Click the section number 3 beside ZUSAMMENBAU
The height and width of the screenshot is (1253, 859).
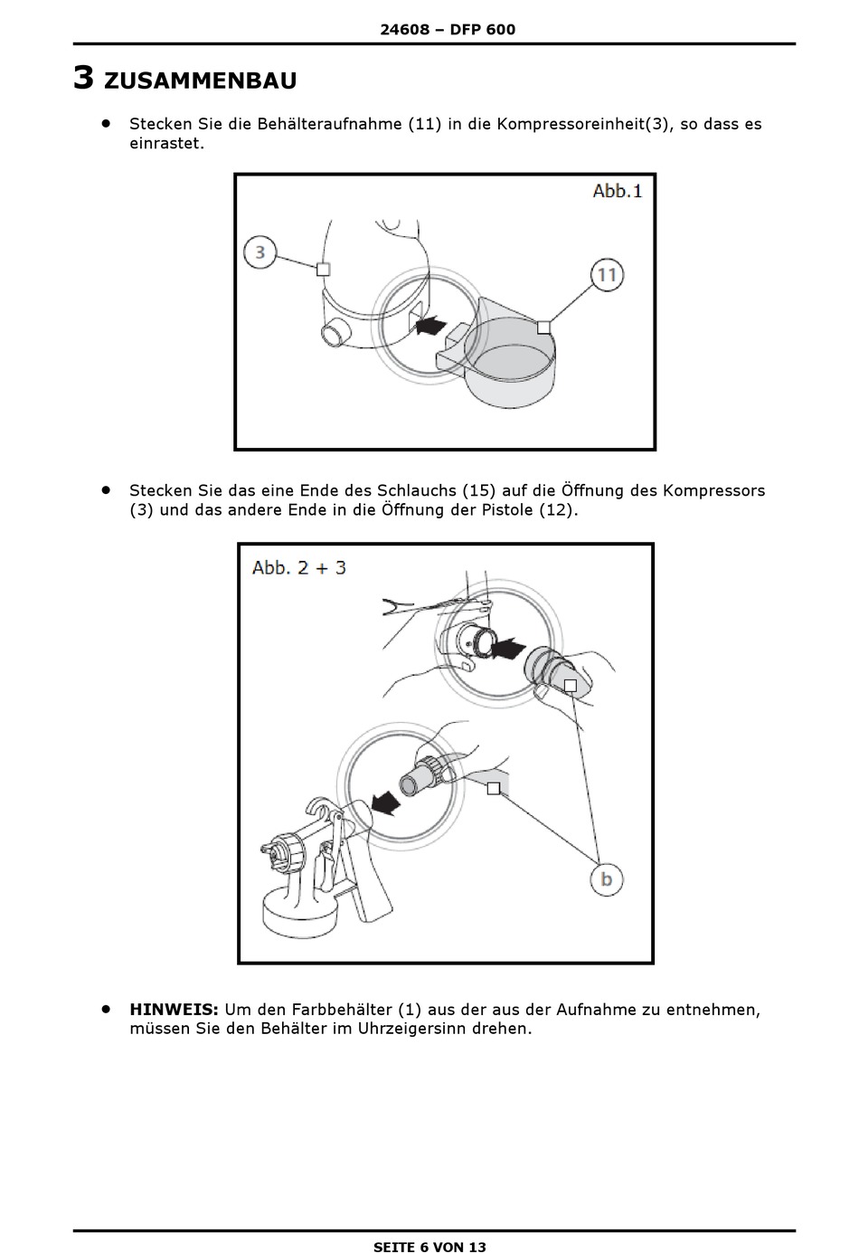coord(83,78)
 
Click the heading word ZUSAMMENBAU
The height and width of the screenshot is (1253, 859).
coord(200,81)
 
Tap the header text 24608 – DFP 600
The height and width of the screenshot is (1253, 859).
coord(448,29)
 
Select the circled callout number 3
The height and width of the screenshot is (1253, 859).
coord(260,251)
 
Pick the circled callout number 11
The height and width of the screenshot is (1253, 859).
coord(608,274)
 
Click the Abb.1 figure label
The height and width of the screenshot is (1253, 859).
coord(618,191)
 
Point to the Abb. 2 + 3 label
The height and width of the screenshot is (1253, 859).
coord(299,567)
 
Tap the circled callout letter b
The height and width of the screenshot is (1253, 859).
coord(607,878)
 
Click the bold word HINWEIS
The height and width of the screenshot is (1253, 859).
coord(174,1009)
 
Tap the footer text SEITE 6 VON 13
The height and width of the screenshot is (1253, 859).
coord(429,1247)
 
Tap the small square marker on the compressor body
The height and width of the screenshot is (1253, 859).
coord(323,269)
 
